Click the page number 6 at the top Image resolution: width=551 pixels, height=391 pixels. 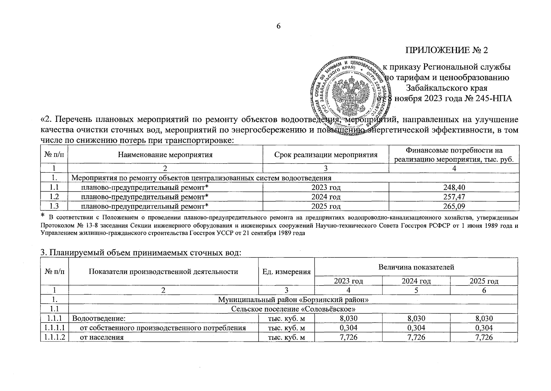tap(278, 26)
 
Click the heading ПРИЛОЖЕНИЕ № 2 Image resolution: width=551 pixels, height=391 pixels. tap(447, 51)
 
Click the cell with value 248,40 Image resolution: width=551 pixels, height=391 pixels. tap(454, 187)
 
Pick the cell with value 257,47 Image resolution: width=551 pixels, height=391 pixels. tap(454, 197)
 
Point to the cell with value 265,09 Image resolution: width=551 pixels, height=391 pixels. tap(454, 206)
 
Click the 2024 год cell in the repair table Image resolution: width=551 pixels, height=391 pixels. tap(325, 197)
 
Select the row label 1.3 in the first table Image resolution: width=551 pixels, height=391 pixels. tap(54, 206)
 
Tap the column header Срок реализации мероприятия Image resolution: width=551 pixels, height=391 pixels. tap(325, 155)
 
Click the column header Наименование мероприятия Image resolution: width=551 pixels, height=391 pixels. tap(165, 155)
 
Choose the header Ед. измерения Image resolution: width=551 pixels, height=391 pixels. tap(286, 272)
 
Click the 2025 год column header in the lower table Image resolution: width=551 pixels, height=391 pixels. tap(484, 281)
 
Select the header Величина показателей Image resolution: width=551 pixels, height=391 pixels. tap(416, 268)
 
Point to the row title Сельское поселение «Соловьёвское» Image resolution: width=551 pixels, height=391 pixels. tap(293, 309)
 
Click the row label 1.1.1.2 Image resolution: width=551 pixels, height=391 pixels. tap(54, 337)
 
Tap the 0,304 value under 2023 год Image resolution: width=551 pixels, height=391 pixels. tap(348, 328)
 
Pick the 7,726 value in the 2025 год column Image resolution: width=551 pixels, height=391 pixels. tap(484, 337)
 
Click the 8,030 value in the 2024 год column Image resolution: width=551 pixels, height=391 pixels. tap(416, 318)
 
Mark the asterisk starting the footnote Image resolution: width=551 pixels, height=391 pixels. tap(42, 215)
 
